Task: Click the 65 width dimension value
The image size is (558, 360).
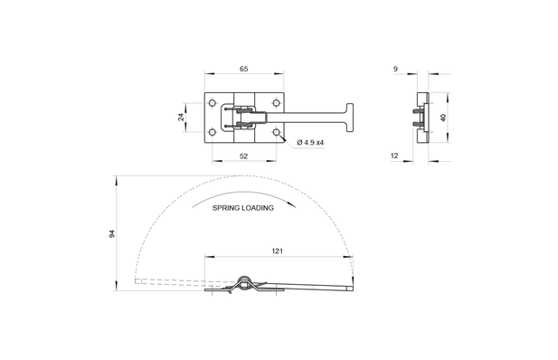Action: [x=243, y=69]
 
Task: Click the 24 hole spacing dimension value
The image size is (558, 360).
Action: [x=181, y=117]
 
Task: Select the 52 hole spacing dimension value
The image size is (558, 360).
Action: [x=243, y=156]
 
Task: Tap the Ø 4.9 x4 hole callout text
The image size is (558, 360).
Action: [x=310, y=142]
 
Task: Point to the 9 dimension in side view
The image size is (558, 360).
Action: [x=395, y=69]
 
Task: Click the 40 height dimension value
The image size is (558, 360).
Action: [x=443, y=118]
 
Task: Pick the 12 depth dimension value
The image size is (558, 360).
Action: [x=394, y=156]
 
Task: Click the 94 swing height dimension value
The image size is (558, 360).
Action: [x=112, y=233]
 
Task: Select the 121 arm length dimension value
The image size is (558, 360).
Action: [x=278, y=251]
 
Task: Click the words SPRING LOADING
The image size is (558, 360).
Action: [x=243, y=208]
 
